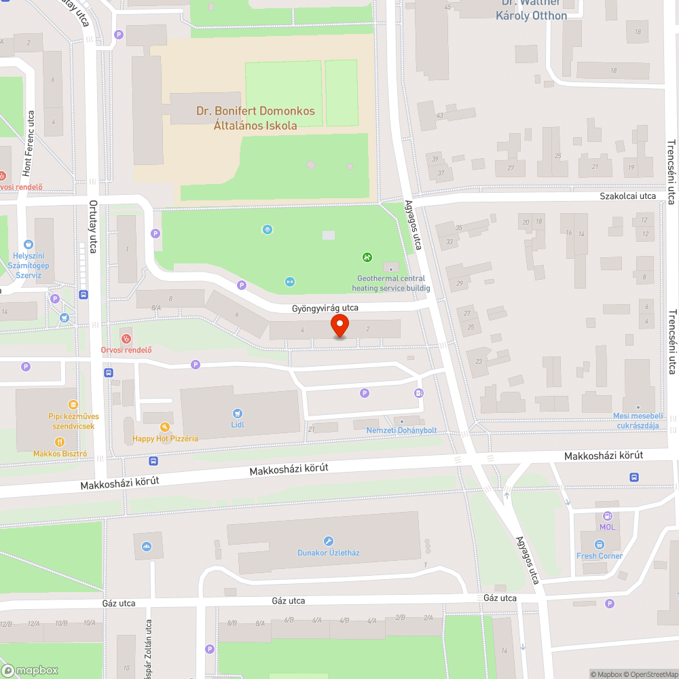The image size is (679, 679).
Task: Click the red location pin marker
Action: coord(339,327)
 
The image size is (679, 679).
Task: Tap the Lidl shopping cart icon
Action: coord(237,413)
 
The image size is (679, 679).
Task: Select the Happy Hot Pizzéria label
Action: coord(165,439)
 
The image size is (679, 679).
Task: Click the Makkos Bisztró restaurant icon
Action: coord(59,442)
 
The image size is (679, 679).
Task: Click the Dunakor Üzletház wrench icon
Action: coord(329,541)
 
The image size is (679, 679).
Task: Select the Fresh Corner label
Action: coord(600,556)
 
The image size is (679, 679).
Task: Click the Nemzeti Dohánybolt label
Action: coord(401,430)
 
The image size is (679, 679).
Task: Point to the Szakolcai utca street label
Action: coord(627,196)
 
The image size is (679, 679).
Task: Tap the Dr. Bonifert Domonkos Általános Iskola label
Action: coord(255,118)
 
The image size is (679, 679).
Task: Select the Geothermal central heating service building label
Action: coord(391,283)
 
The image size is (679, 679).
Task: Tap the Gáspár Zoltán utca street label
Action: coord(149,645)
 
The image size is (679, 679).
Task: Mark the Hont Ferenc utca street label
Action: coord(29,143)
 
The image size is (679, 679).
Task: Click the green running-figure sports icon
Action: coord(367,257)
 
